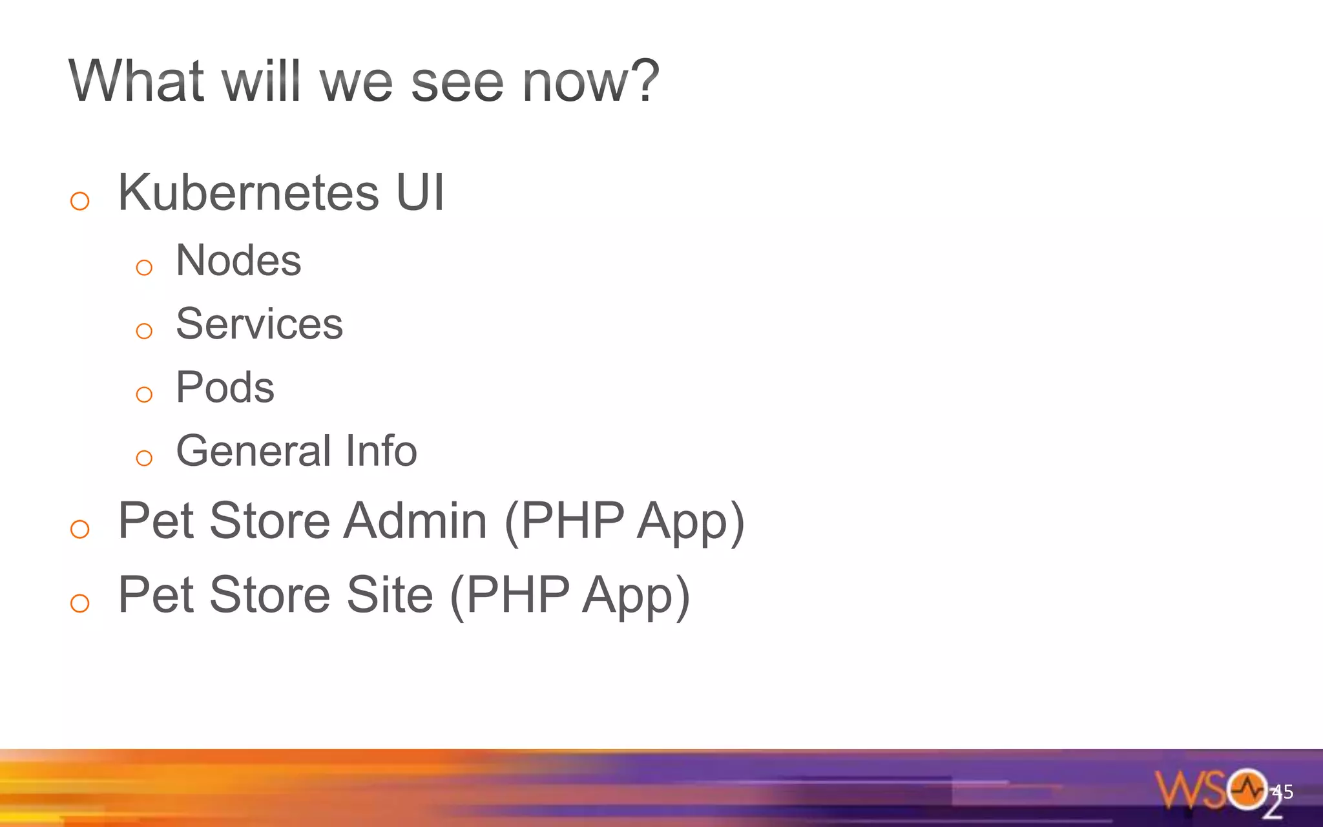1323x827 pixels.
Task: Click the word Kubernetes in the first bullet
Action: coord(249,193)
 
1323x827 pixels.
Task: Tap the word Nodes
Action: coord(238,260)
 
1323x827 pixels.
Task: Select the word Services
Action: coord(259,324)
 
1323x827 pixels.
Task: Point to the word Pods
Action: coord(225,388)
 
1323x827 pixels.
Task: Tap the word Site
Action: coord(390,595)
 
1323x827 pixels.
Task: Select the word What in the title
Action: coord(136,81)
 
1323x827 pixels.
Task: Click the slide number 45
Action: coord(1282,791)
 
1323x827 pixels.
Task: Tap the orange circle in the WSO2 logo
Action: coord(1247,789)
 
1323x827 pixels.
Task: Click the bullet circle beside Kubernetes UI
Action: coord(79,201)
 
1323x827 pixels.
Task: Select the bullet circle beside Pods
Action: coord(144,394)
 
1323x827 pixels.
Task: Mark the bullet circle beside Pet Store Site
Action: coord(79,603)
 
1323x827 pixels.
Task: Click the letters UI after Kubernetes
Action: coord(420,193)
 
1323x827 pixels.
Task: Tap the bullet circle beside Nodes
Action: coord(144,267)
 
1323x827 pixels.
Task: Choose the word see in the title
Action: coord(457,83)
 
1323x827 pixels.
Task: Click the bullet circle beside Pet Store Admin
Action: coord(79,529)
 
